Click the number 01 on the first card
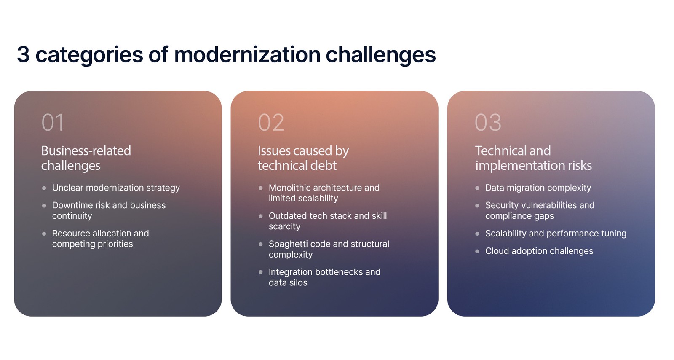point(53,123)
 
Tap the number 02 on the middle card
point(271,123)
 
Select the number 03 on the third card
point(488,123)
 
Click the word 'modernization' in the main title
point(247,54)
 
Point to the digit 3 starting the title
point(23,54)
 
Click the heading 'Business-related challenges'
point(86,158)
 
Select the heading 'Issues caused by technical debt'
point(303,158)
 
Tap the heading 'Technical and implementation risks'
point(533,158)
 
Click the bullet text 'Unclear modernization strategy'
point(116,188)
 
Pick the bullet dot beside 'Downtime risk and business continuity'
point(44,205)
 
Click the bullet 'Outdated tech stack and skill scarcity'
point(327,221)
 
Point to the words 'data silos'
point(288,282)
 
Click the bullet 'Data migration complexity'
point(538,188)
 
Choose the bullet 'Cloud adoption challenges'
point(539,251)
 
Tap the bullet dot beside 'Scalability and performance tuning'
point(477,234)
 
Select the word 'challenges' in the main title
point(380,54)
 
